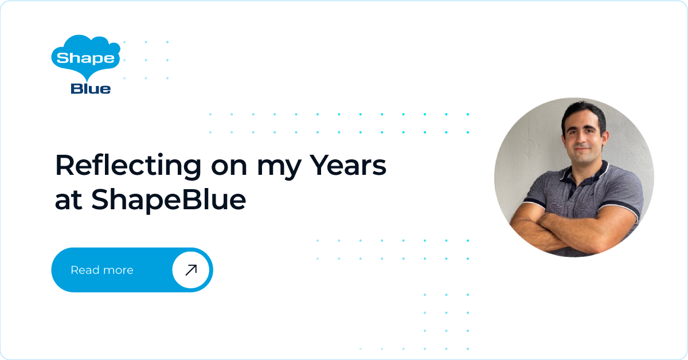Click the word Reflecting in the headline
click(x=128, y=166)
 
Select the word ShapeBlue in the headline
click(x=169, y=200)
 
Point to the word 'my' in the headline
click(x=278, y=169)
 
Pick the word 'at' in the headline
click(x=68, y=200)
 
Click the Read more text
click(x=102, y=270)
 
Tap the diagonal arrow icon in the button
click(x=191, y=270)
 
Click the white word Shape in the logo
click(x=85, y=58)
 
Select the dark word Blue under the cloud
click(x=91, y=88)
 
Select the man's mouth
click(x=582, y=150)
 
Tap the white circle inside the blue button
click(x=191, y=270)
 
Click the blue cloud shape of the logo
click(x=85, y=57)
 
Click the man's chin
click(x=583, y=158)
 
